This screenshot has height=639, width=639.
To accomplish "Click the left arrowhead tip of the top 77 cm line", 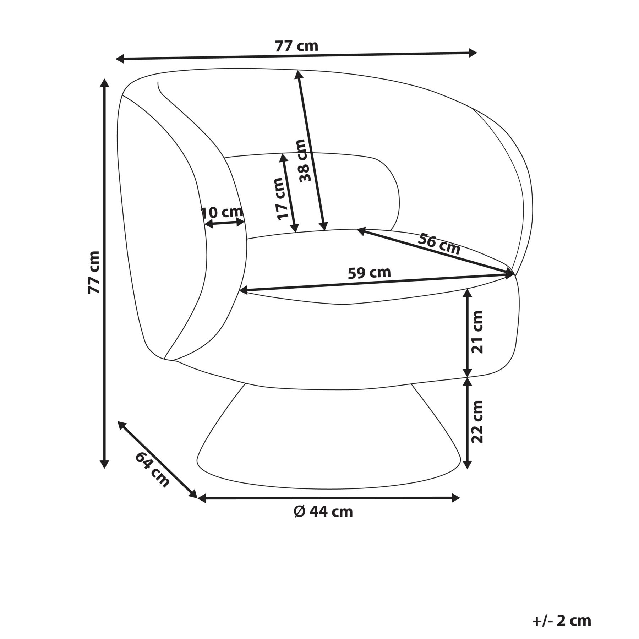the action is tap(116, 59).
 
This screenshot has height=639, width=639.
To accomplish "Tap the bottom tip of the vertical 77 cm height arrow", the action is tap(104, 468).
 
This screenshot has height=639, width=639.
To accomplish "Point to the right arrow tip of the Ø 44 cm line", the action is tap(460, 498).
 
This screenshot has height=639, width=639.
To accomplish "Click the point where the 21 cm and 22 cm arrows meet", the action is tap(468, 377).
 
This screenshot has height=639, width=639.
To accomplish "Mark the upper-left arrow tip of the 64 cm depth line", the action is tap(118, 421).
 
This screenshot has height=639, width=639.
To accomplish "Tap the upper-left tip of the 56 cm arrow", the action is tap(357, 230).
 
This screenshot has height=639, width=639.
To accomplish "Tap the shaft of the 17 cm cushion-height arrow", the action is tap(289, 193).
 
